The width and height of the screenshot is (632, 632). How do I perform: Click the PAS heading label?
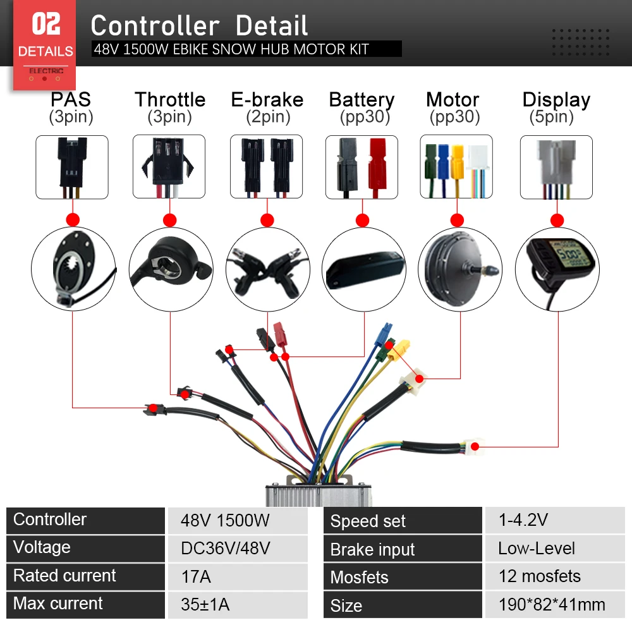click(71, 99)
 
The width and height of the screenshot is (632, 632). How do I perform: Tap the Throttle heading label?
click(169, 99)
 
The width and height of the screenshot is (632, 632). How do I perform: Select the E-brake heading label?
click(267, 99)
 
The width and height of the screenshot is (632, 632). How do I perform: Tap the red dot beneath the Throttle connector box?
click(169, 220)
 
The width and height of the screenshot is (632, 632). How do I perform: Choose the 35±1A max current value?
click(205, 605)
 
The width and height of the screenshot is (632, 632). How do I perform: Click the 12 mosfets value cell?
click(539, 576)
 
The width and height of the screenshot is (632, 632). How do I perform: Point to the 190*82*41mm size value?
click(551, 605)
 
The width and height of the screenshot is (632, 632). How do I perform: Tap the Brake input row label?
click(373, 550)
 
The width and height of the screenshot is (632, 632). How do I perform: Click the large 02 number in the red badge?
click(46, 25)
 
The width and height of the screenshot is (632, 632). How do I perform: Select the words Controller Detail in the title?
click(199, 26)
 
